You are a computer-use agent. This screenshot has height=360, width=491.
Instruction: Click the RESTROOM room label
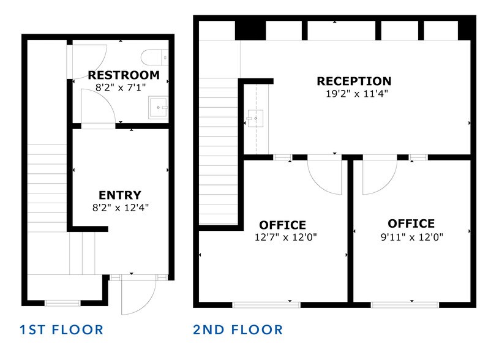(x=123, y=75)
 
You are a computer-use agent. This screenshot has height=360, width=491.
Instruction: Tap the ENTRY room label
(x=120, y=195)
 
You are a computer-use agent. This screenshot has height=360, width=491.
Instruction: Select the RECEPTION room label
(x=354, y=81)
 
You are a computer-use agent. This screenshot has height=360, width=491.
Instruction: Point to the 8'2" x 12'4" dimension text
(x=120, y=207)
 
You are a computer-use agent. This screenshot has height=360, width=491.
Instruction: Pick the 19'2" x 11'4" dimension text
(x=357, y=94)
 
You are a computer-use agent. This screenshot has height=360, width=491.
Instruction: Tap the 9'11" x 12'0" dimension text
(x=411, y=236)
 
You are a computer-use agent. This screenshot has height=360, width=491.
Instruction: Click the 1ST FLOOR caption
(x=61, y=330)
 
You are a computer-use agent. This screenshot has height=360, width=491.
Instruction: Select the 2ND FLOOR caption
(x=238, y=330)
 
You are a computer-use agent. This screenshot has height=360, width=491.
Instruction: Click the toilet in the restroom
(x=153, y=58)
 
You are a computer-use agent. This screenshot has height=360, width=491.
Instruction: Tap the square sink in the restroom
(x=159, y=108)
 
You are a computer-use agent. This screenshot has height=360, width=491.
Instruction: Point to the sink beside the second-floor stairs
(x=255, y=115)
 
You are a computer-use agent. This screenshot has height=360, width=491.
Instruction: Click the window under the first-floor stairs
(x=62, y=302)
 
